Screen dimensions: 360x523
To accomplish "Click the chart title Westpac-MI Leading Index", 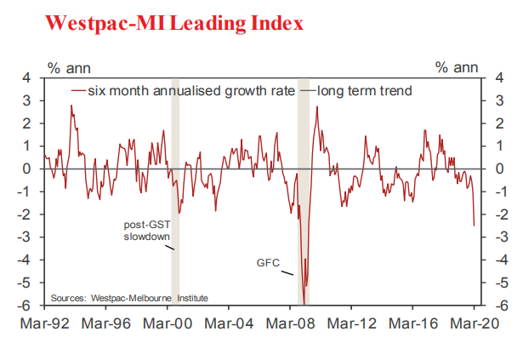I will point(173,23).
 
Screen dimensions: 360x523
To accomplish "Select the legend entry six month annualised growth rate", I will point(183,90).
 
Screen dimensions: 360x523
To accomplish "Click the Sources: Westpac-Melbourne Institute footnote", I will point(128,297).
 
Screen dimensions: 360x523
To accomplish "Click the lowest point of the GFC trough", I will point(304,304).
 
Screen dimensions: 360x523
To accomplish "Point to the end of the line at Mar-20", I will point(474,226).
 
